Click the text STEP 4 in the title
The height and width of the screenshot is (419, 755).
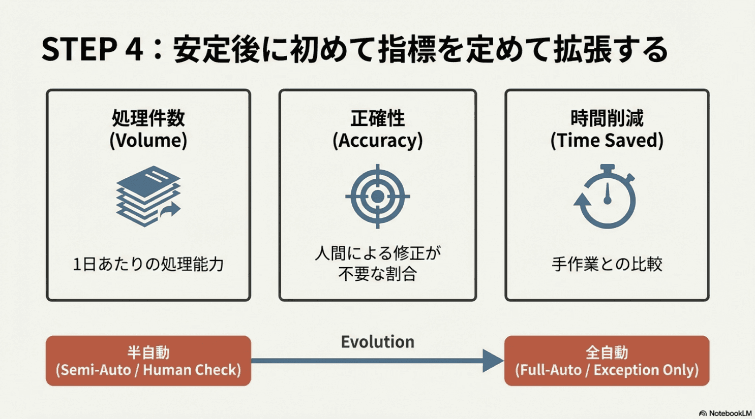pos(92,50)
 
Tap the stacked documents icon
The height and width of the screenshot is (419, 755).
pos(148,196)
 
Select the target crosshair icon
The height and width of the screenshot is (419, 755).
pos(377,196)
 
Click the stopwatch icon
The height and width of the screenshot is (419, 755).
pos(606,197)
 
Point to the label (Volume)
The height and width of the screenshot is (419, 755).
pos(148,140)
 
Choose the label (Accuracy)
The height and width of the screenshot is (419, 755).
pos(377,140)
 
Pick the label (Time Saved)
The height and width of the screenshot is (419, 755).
pos(607,140)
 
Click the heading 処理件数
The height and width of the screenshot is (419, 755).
pos(148,118)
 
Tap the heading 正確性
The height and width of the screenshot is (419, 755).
pos(377,118)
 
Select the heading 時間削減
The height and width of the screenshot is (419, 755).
pos(607,118)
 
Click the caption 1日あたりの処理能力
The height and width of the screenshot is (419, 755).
pos(148,264)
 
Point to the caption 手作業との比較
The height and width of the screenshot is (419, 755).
pos(607,264)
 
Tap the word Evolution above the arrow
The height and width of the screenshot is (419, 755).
pos(377,342)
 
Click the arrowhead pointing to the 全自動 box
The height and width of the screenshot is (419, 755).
pos(492,361)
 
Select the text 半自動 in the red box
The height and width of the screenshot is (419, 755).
pos(148,352)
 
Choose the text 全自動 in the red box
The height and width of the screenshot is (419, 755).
pos(607,352)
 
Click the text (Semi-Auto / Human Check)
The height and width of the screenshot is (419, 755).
pos(148,370)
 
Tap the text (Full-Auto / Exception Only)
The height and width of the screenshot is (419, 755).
pos(607,370)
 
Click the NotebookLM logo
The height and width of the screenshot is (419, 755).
pos(726,413)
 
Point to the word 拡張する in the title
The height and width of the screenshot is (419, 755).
pos(610,50)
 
